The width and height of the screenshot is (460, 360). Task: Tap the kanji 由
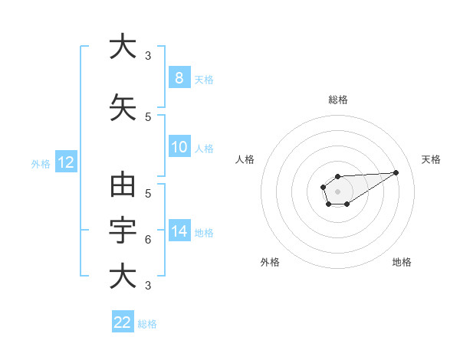pyautogui.click(x=123, y=186)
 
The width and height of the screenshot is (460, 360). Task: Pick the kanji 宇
pyautogui.click(x=123, y=230)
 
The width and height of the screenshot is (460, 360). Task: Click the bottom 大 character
pyautogui.click(x=123, y=276)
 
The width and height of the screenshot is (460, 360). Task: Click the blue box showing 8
pyautogui.click(x=179, y=78)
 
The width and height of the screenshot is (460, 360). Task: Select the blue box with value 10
pyautogui.click(x=179, y=148)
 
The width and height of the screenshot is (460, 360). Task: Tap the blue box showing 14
pyautogui.click(x=179, y=232)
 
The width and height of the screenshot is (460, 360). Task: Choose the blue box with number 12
pyautogui.click(x=65, y=162)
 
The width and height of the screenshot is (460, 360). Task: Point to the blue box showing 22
pyautogui.click(x=123, y=322)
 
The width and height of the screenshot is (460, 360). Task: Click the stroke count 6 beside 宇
pyautogui.click(x=148, y=241)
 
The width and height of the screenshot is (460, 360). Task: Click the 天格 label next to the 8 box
pyautogui.click(x=204, y=79)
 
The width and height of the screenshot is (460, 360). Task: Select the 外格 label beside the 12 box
pyautogui.click(x=41, y=163)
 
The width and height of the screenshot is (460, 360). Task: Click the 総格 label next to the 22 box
pyautogui.click(x=148, y=323)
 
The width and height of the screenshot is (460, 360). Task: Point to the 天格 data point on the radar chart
pyautogui.click(x=396, y=172)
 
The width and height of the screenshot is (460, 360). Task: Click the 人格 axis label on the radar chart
pyautogui.click(x=245, y=159)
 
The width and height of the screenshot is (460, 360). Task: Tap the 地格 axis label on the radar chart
pyautogui.click(x=402, y=262)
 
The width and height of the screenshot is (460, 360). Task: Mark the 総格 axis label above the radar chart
pyautogui.click(x=337, y=100)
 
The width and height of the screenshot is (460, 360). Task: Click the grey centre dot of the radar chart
pyautogui.click(x=337, y=191)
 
